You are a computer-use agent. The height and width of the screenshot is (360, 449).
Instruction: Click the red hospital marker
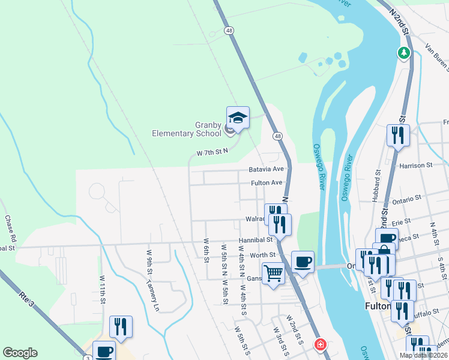click(321, 344)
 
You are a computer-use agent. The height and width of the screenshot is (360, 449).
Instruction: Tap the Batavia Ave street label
click(266, 170)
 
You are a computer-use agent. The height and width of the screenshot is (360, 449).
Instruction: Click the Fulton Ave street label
click(267, 183)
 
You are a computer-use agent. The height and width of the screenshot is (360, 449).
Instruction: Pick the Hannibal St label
click(256, 239)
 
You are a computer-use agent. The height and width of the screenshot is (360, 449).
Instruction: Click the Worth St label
click(262, 256)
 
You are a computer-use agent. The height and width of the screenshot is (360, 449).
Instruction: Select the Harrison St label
click(415, 165)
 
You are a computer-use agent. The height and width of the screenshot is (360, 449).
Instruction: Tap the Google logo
click(20, 353)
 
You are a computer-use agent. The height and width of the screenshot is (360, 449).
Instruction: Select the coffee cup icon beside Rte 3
click(104, 352)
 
